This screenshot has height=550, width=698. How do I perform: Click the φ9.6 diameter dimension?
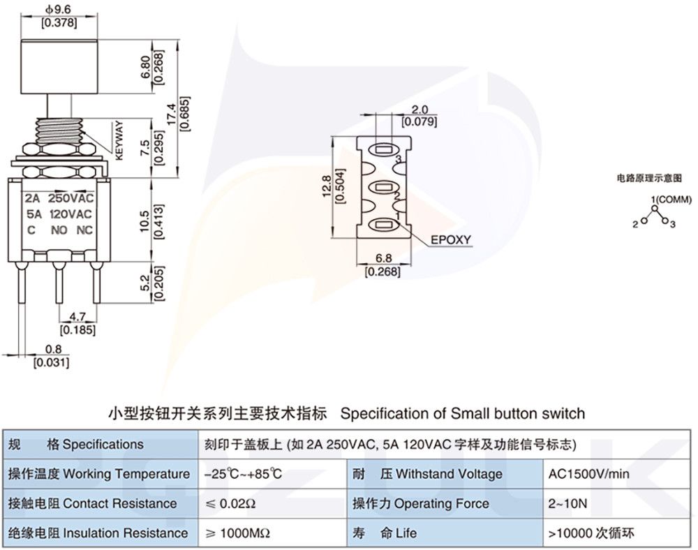point(59,10)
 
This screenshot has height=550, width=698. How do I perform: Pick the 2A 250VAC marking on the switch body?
point(59,198)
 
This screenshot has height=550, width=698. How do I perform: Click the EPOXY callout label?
point(450,239)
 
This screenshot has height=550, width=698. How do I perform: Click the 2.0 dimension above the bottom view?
point(419,110)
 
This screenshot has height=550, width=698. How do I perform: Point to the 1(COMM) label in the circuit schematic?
point(671,200)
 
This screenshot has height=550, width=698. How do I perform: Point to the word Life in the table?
point(406,533)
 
